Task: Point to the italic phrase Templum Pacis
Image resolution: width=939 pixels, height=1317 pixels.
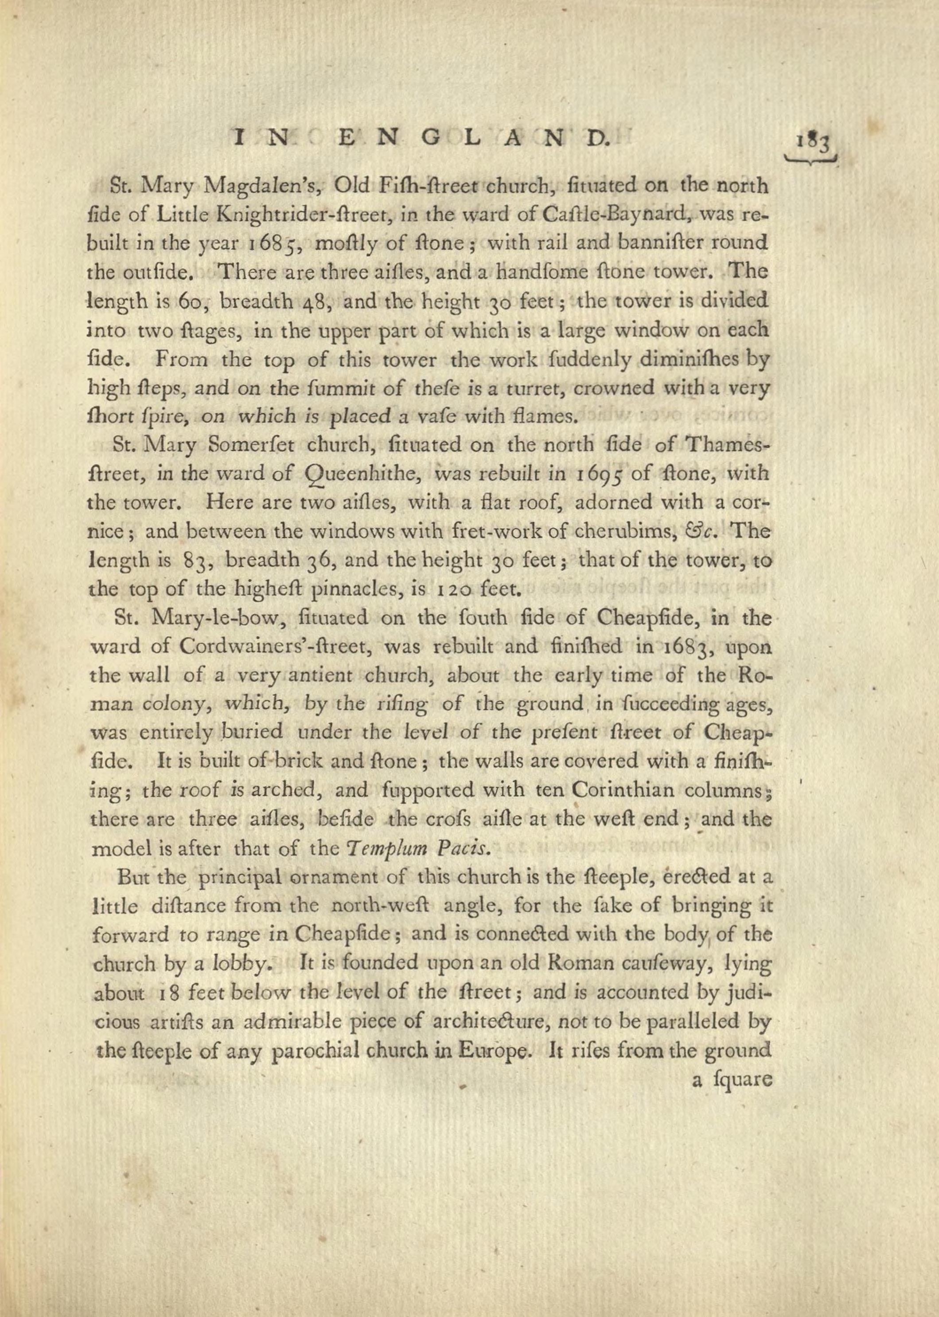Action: [x=421, y=848]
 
